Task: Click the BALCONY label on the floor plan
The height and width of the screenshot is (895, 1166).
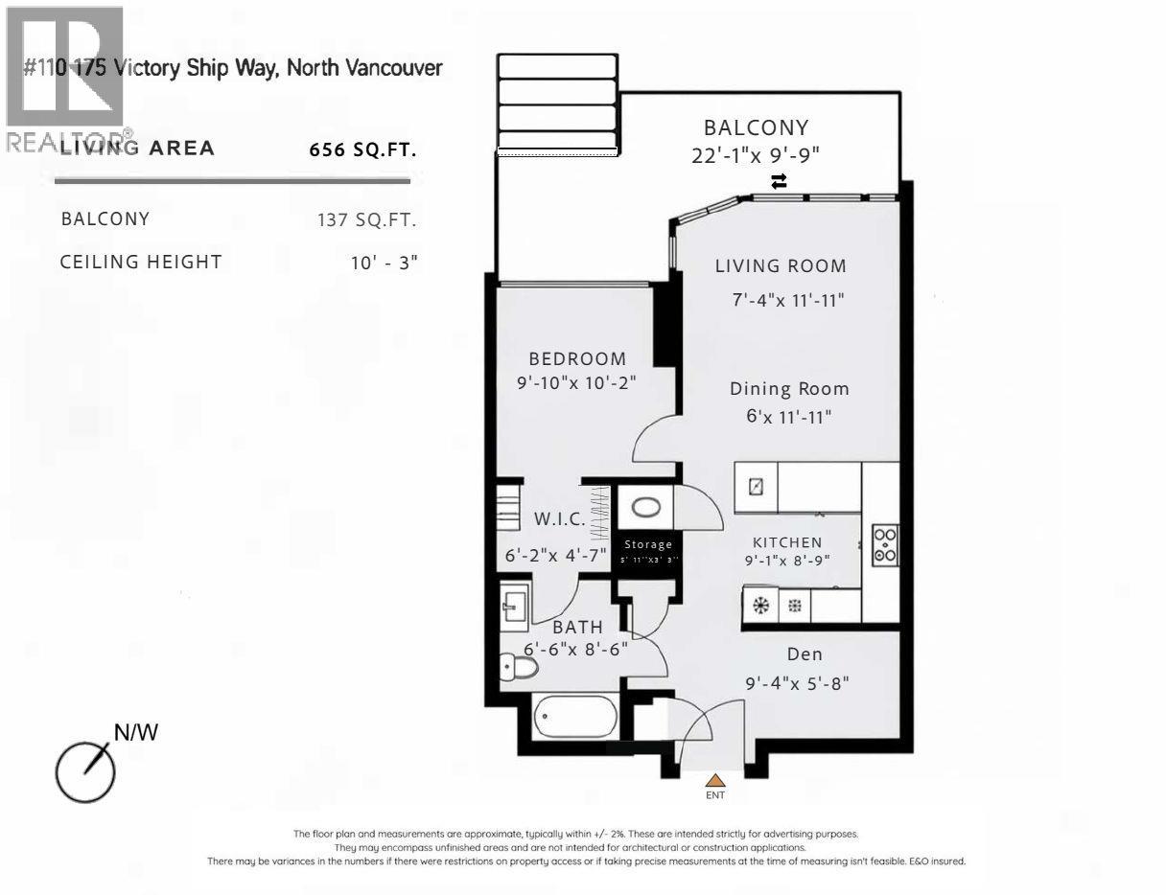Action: [x=756, y=127]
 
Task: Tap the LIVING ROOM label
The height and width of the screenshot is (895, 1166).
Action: [x=781, y=266]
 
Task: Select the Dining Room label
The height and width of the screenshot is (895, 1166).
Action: [x=789, y=389]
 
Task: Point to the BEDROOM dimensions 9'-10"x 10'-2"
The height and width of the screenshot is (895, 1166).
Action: [x=576, y=381]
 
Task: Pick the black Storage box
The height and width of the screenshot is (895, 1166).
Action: [x=648, y=551]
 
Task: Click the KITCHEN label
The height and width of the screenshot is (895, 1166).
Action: [x=787, y=542]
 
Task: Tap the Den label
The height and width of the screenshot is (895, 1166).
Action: [x=805, y=654]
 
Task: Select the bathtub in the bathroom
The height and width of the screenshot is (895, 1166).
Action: [x=575, y=717]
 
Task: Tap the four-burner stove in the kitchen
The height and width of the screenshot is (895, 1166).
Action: [x=885, y=544]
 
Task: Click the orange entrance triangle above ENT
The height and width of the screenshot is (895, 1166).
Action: [x=715, y=780]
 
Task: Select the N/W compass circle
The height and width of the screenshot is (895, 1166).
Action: [x=84, y=771]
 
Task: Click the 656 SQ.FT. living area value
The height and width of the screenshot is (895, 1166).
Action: [x=363, y=149]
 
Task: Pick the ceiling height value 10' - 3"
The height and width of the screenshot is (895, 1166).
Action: [x=385, y=262]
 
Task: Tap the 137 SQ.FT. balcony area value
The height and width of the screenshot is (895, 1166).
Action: [x=367, y=219]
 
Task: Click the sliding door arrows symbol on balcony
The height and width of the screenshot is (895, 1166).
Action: [x=779, y=181]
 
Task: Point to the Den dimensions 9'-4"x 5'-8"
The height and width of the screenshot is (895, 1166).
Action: [x=798, y=684]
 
